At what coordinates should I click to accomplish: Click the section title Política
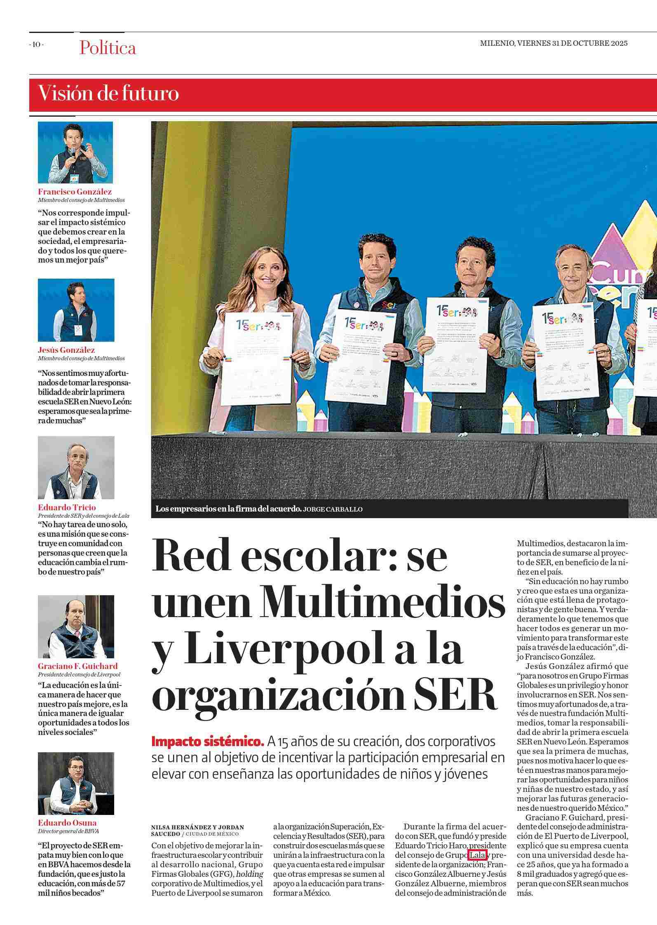tap(108, 48)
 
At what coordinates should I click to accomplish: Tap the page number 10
tap(36, 45)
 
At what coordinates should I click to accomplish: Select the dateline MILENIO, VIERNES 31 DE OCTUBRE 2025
tap(554, 43)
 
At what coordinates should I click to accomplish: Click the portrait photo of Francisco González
tap(75, 152)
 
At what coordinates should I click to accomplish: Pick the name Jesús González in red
tap(66, 350)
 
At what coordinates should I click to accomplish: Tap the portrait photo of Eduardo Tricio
tap(76, 467)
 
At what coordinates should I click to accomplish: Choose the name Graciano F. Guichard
tap(78, 666)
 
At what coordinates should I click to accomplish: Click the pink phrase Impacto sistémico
tap(207, 741)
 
